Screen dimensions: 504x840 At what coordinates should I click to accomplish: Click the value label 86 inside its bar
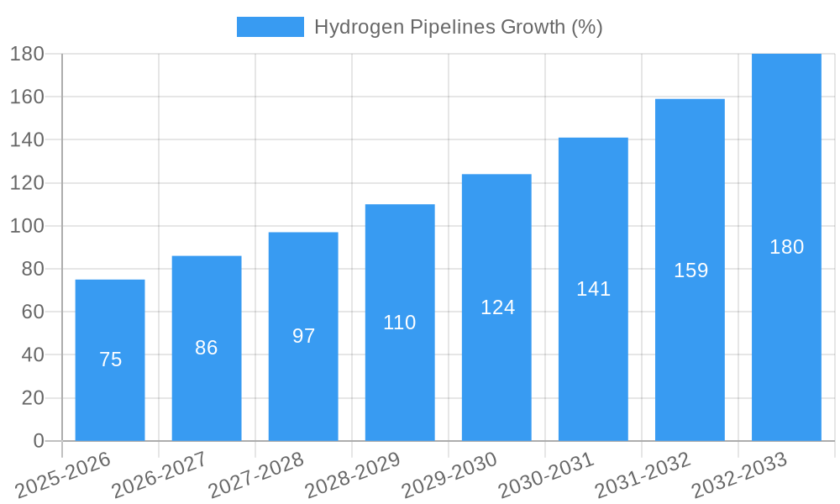click(207, 348)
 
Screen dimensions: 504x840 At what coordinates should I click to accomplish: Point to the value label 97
click(303, 336)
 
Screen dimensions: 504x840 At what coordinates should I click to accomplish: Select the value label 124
click(497, 307)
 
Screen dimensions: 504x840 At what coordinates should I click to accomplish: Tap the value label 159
click(690, 270)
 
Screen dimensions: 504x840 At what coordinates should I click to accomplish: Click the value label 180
click(786, 247)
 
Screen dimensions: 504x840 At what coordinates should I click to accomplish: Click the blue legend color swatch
click(270, 27)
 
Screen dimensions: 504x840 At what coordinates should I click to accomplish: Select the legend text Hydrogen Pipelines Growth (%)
click(458, 27)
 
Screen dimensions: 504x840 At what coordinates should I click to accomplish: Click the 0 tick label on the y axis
click(38, 441)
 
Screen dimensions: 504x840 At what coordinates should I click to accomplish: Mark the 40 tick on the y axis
click(32, 354)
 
